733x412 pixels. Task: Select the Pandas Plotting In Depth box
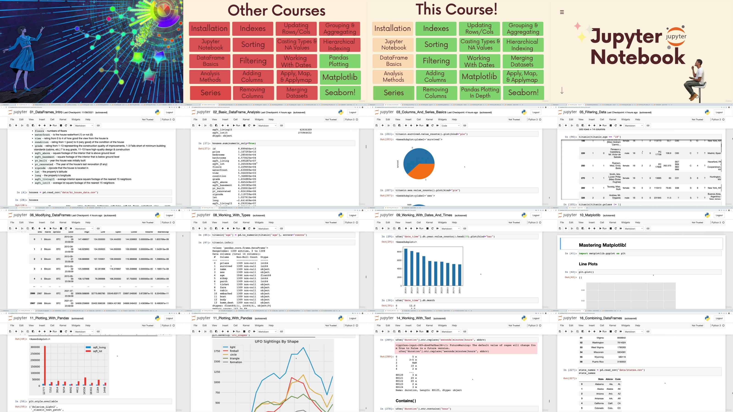[x=480, y=93]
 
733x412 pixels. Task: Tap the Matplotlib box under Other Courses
[x=340, y=77]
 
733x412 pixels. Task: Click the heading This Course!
[x=457, y=9]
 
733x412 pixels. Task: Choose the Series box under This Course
[x=394, y=93]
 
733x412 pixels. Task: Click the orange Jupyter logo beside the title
[x=676, y=36]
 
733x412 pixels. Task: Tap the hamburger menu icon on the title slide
[x=562, y=12]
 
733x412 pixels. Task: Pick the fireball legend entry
[x=234, y=351]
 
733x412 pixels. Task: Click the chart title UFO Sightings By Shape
[x=276, y=342]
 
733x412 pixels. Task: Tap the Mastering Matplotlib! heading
[x=602, y=245]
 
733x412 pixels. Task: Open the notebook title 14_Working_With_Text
[x=413, y=318]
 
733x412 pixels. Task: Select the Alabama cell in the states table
[x=599, y=384]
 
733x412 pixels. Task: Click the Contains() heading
[x=405, y=401]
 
